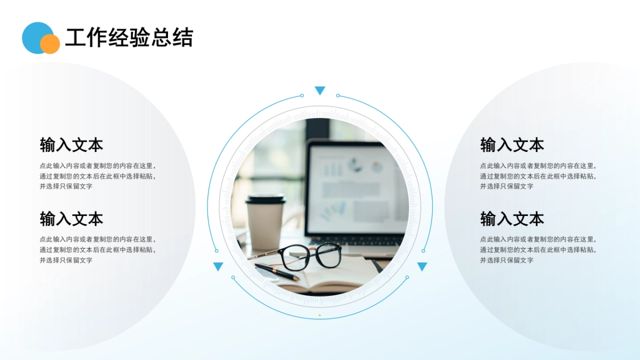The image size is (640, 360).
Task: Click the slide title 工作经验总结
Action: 129,38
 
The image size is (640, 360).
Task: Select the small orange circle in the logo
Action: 50,44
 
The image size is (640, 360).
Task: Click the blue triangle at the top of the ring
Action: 320,90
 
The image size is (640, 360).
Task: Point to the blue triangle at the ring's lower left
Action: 218,266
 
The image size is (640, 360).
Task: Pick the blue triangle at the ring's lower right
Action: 422,266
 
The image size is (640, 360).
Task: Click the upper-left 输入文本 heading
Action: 71,145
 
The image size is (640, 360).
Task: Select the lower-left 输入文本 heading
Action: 71,219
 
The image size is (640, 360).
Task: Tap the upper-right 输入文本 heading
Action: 512,145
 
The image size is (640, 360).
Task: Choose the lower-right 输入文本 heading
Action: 512,219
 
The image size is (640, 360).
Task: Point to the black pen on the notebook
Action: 277,272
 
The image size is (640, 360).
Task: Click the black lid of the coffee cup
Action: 265,199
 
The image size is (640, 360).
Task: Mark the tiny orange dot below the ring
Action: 319,315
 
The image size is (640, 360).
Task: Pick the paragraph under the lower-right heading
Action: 538,250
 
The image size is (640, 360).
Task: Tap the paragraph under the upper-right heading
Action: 538,176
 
